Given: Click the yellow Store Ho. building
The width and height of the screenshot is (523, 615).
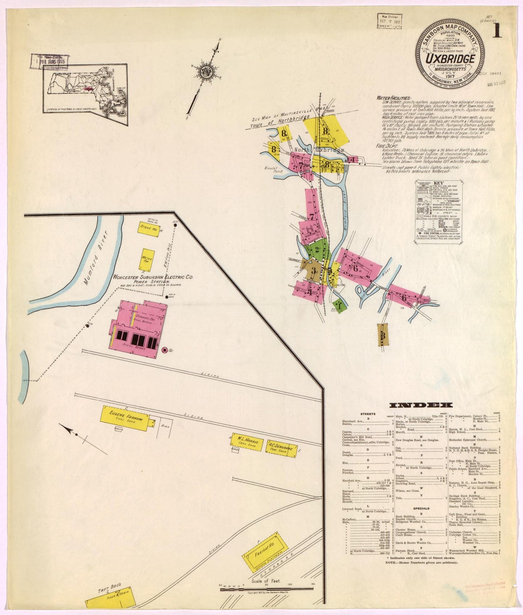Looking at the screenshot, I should click(x=149, y=229).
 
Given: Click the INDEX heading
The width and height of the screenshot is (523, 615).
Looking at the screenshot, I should click(x=421, y=405).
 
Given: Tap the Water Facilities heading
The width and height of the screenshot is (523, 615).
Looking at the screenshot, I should click(x=393, y=98).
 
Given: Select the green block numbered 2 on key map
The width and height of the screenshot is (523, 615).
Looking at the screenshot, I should click(x=317, y=249).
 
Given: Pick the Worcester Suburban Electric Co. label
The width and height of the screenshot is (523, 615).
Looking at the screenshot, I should click(x=153, y=277).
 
